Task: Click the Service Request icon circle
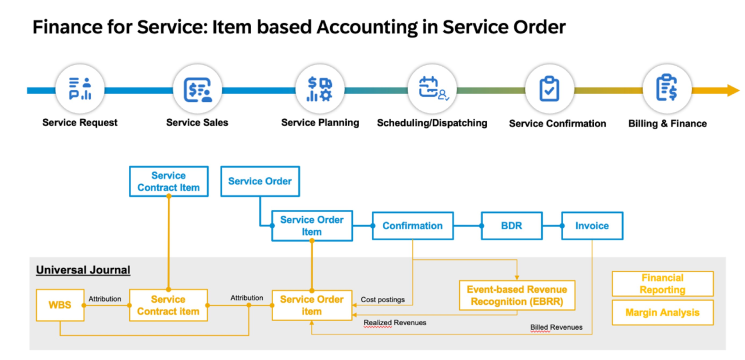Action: coord(80,89)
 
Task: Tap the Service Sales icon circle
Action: coord(197,89)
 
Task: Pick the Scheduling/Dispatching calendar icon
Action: coord(432,89)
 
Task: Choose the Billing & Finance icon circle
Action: coord(667,89)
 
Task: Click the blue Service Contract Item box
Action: coord(168,181)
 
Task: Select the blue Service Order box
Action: coord(259,181)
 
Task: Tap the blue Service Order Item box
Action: coord(312,226)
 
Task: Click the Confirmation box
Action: coord(412,226)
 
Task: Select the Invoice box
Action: coord(591,226)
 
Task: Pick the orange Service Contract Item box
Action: coord(167,305)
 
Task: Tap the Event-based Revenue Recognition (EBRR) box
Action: coord(517,293)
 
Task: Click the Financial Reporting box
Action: coord(663,284)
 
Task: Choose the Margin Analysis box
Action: coord(663,313)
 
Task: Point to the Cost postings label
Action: coord(383,298)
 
